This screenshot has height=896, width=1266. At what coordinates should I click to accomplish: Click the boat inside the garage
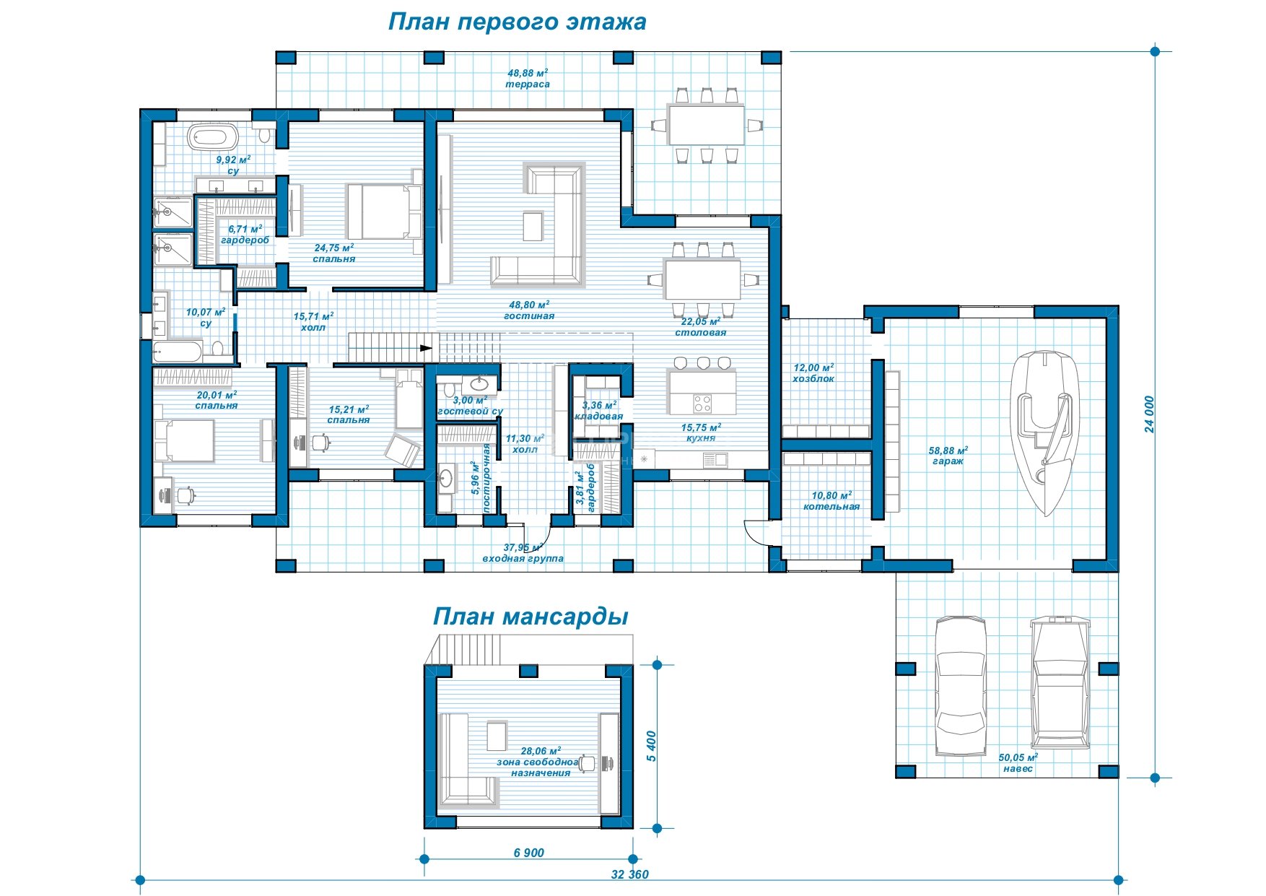[1044, 432]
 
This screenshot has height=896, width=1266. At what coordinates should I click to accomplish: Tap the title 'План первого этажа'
[517, 22]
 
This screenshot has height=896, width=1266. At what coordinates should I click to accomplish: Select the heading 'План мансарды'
[531, 617]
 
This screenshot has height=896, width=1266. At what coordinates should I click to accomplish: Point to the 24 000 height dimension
[1149, 414]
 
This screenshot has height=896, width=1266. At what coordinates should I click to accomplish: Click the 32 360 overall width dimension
[629, 874]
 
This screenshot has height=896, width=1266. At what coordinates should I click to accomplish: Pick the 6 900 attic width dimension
[529, 853]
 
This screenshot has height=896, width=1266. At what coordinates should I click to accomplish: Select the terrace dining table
[706, 125]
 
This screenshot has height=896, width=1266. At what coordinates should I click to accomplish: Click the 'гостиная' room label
[529, 316]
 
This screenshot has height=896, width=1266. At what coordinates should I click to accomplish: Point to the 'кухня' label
[700, 438]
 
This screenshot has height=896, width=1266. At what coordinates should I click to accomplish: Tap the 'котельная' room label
[831, 507]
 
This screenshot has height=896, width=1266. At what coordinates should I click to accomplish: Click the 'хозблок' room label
[813, 378]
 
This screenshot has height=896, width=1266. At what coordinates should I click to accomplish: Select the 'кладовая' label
[599, 417]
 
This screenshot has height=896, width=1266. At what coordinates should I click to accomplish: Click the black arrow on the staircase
[427, 348]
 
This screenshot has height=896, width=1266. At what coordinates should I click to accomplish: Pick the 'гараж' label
[948, 461]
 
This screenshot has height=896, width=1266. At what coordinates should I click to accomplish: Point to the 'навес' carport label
[1018, 768]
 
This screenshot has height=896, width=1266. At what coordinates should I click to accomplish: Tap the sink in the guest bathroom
[479, 382]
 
